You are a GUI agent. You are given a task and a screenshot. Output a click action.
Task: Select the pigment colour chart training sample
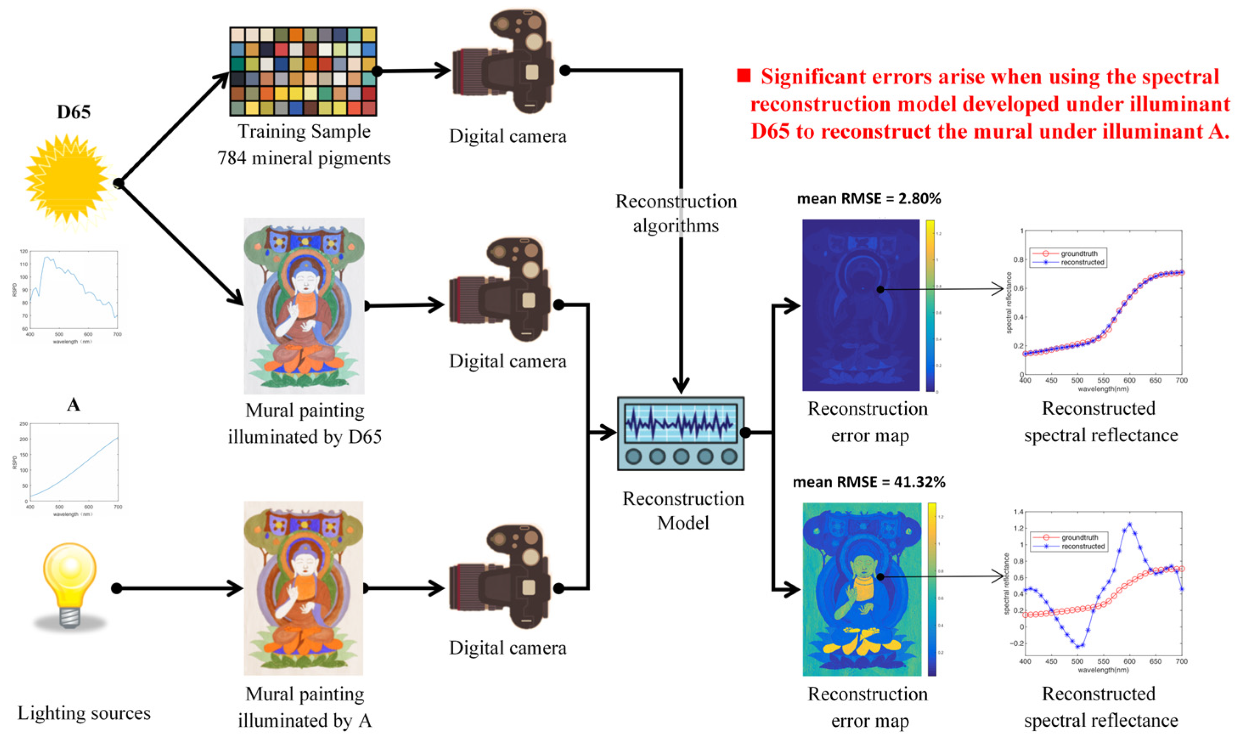[x=303, y=72]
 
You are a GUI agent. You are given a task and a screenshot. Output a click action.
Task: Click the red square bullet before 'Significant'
[x=743, y=76]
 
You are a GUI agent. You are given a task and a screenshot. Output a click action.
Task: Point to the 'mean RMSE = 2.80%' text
[x=868, y=199]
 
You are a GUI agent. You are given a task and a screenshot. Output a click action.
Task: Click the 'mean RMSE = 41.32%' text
[x=869, y=482]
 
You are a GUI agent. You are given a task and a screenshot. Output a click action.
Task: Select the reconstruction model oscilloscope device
[x=680, y=434]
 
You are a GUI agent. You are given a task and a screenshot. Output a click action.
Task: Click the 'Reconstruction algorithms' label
[x=676, y=213]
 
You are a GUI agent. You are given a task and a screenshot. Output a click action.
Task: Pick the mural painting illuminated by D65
[x=304, y=305]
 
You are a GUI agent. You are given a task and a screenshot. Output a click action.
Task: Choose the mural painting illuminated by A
[x=303, y=588]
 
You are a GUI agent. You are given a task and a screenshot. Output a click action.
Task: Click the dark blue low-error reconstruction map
[x=860, y=305]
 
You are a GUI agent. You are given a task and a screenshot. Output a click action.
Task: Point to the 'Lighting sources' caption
[x=84, y=713]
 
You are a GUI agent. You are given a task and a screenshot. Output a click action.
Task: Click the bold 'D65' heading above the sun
[x=73, y=112]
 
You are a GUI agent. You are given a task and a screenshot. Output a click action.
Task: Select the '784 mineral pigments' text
[x=303, y=158]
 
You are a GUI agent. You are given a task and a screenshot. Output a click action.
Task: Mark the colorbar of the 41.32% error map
[x=931, y=589]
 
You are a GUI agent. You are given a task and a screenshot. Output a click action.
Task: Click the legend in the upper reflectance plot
[x=1068, y=258]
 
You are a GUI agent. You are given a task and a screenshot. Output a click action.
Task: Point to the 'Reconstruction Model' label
[x=683, y=510]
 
